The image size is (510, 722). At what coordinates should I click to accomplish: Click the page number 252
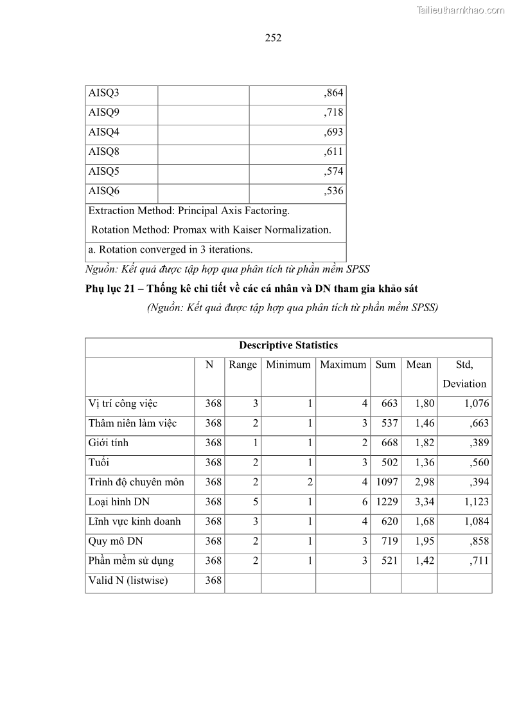tap(273, 38)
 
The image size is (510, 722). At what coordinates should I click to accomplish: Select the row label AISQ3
tap(104, 93)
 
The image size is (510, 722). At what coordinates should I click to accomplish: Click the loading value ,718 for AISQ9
tap(333, 113)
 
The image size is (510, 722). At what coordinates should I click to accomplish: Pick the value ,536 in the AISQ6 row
tap(333, 192)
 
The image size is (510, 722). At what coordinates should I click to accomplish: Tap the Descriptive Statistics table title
tap(288, 346)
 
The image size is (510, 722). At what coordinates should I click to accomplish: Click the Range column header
tap(243, 365)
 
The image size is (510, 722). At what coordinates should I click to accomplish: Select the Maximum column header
tap(343, 365)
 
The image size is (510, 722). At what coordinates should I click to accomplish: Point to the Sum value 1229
tap(386, 502)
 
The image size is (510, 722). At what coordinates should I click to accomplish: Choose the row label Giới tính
tap(109, 443)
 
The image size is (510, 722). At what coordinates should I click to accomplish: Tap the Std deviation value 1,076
tap(476, 404)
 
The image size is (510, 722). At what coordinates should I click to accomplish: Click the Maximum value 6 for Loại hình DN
tap(364, 502)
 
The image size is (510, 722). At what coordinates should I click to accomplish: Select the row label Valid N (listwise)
tap(128, 581)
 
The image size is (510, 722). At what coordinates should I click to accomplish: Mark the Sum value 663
tap(389, 404)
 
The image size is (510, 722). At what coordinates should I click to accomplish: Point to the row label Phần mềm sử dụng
tap(131, 561)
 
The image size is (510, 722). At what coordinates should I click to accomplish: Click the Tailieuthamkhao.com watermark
tap(461, 10)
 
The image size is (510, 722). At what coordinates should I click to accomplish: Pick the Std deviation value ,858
tap(479, 541)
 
